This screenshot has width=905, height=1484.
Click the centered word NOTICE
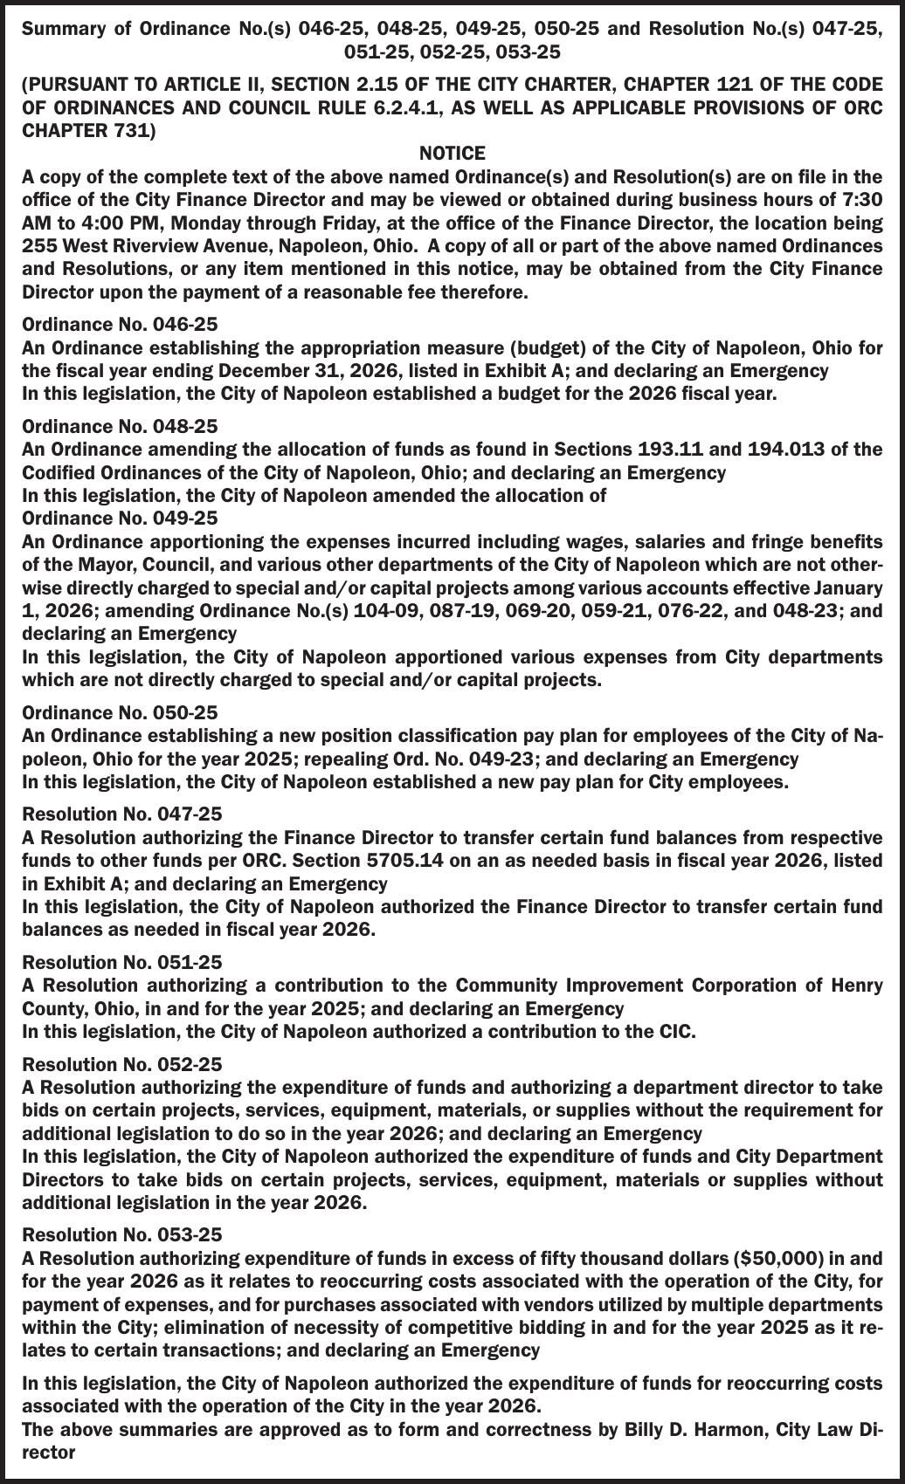452,154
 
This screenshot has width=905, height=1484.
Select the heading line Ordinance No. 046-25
120,325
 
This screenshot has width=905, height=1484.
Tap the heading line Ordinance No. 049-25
120,518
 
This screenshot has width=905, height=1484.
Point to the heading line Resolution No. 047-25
122,814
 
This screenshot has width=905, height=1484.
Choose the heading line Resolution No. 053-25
122,1235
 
